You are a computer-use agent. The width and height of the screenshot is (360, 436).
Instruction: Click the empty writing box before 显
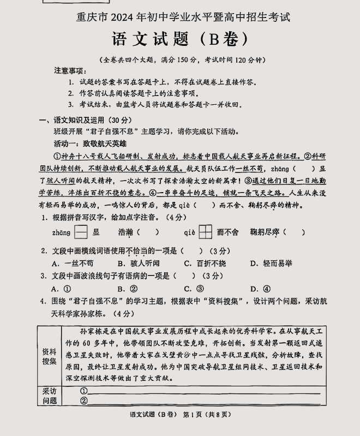[x=81, y=232]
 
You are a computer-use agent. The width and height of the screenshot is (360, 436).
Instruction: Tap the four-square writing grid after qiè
[x=205, y=232]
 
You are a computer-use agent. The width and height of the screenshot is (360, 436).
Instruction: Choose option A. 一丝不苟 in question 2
[x=71, y=263]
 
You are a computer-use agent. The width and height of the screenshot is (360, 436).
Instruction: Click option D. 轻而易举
[x=271, y=263]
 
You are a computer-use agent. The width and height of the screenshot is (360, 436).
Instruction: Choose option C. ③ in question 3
[x=194, y=289]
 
